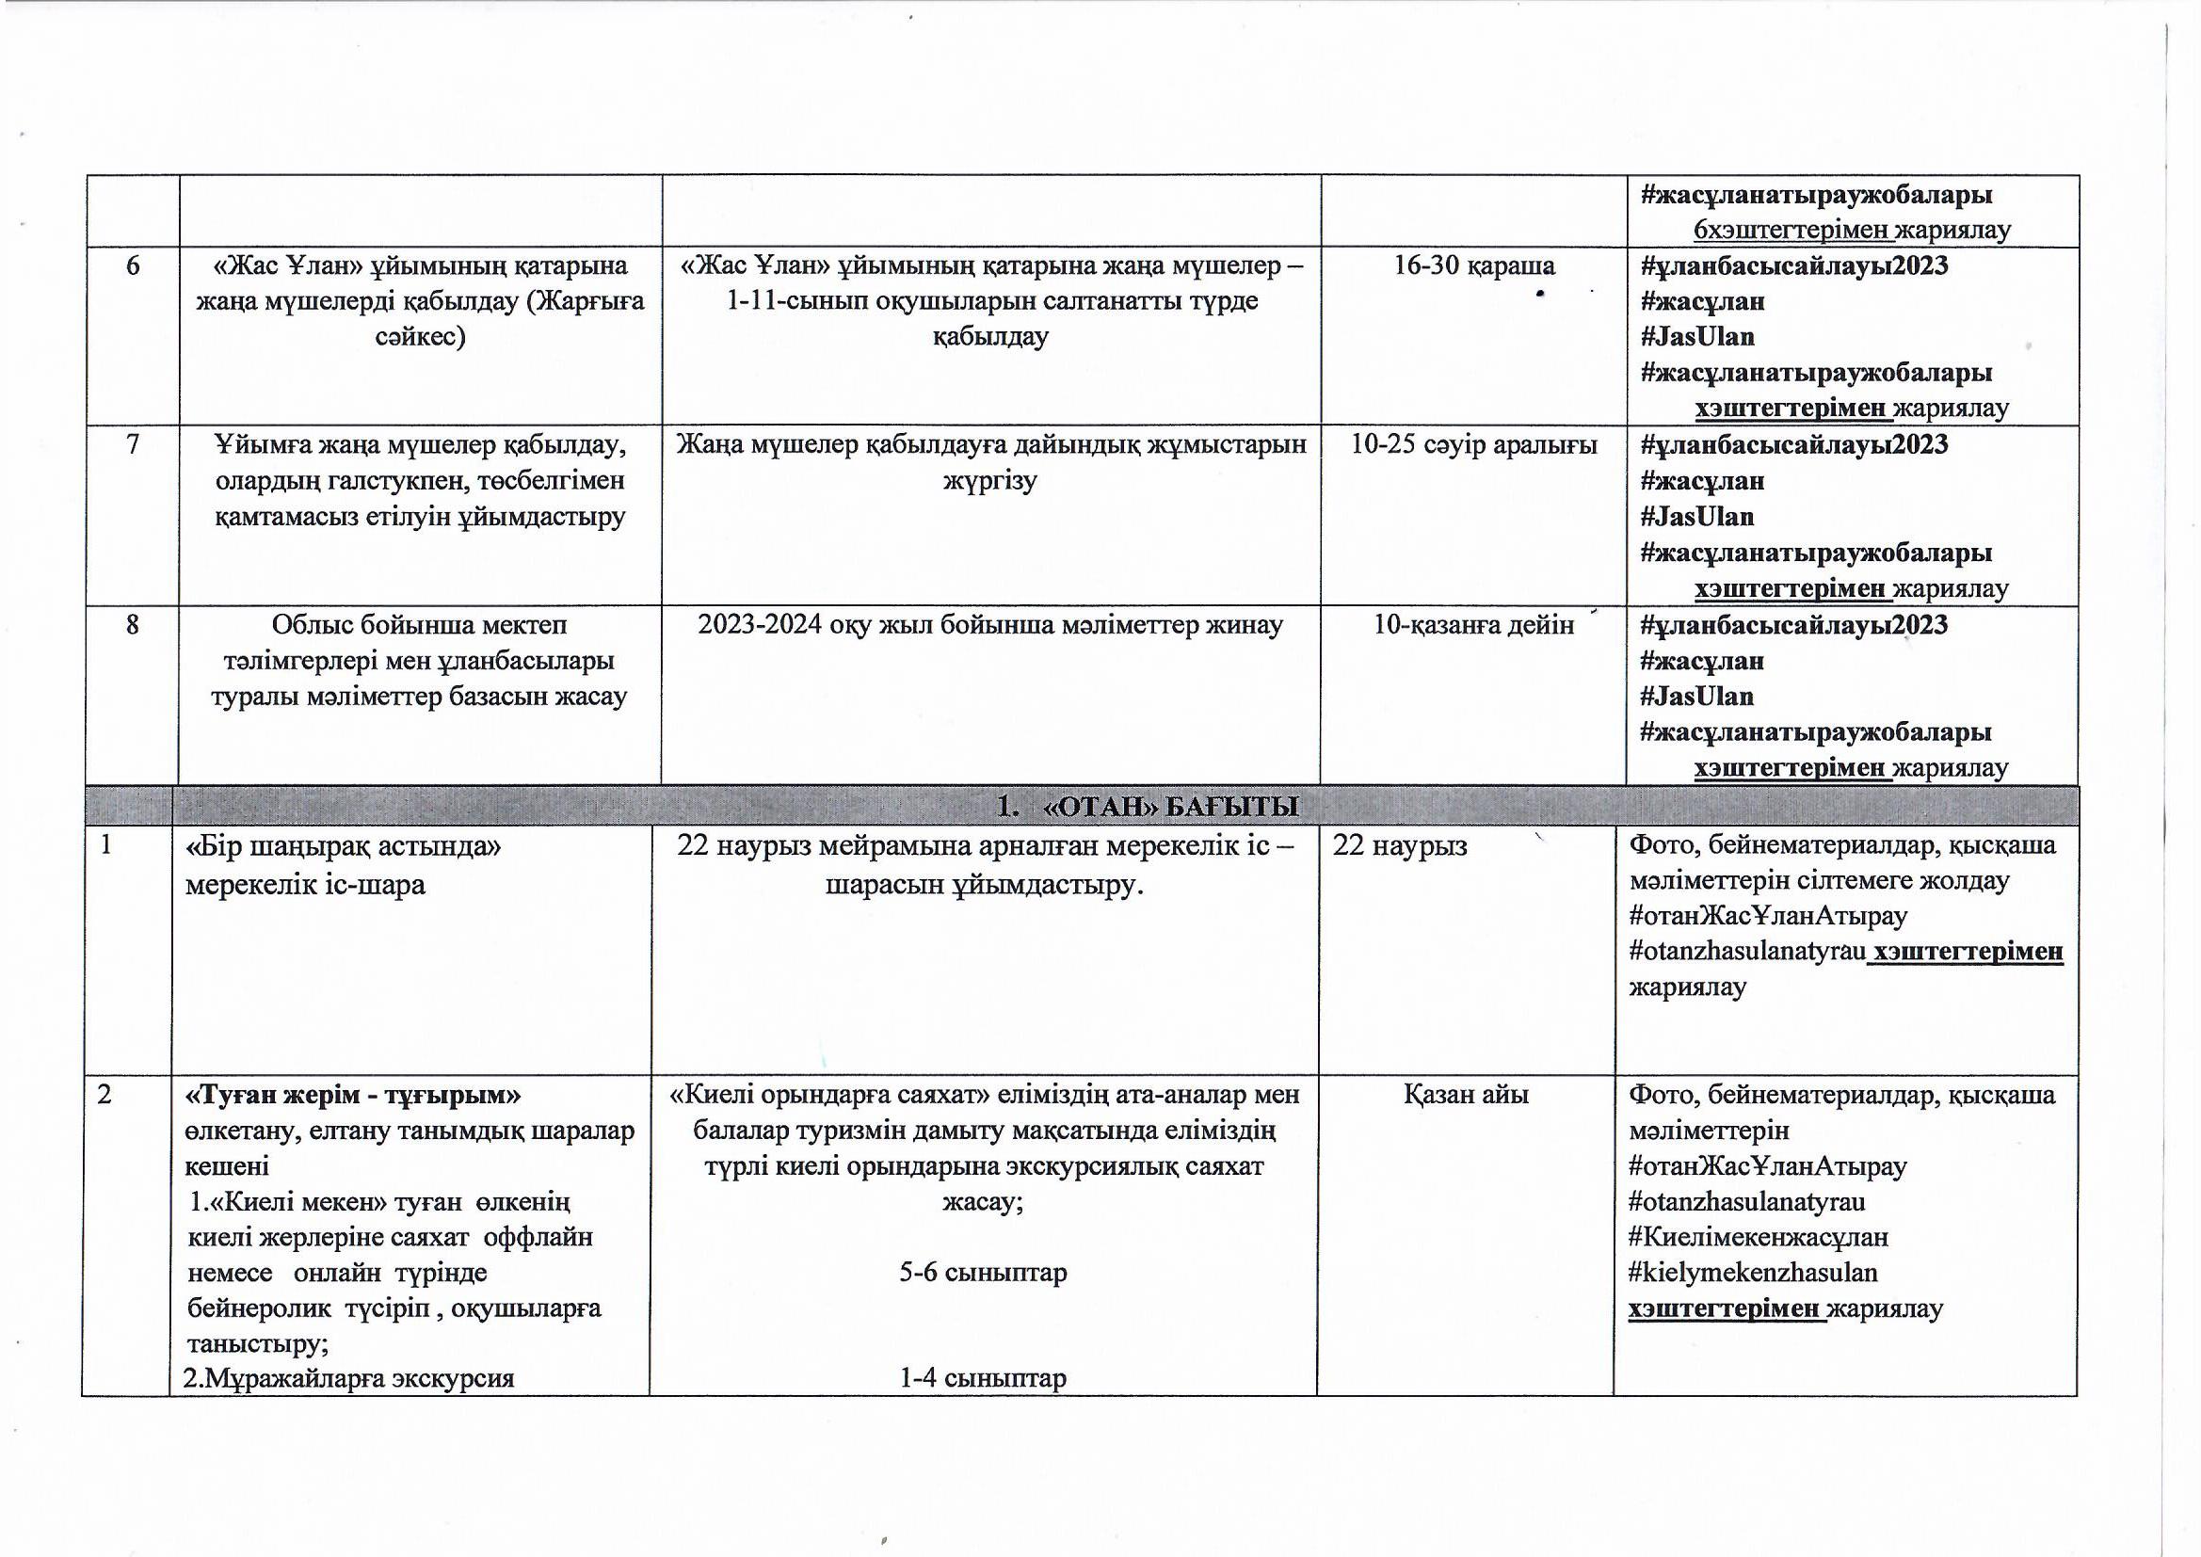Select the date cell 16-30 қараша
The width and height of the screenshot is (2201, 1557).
click(1474, 265)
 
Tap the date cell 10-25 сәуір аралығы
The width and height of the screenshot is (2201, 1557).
click(1474, 445)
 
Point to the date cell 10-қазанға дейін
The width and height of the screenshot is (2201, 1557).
click(1474, 625)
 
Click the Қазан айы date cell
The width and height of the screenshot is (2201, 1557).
click(1466, 1094)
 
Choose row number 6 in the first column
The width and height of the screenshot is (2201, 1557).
click(133, 265)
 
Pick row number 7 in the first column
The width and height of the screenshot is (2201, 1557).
click(133, 445)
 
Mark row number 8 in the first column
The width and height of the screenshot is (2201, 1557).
click(133, 625)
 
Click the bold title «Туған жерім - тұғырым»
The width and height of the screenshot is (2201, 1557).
click(353, 1094)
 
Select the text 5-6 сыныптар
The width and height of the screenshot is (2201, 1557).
click(983, 1273)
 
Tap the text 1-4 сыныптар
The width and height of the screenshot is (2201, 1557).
click(983, 1378)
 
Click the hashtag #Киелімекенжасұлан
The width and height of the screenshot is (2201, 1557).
click(1759, 1237)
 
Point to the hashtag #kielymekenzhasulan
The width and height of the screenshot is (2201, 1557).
click(1752, 1273)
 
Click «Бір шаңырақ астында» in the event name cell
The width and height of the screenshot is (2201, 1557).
click(344, 846)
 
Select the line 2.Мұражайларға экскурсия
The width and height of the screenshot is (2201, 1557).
click(349, 1378)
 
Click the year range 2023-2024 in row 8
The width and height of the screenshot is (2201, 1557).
click(768, 625)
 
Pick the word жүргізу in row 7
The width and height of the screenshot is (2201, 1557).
click(990, 481)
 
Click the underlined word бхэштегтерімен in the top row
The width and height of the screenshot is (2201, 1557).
click(1791, 230)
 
